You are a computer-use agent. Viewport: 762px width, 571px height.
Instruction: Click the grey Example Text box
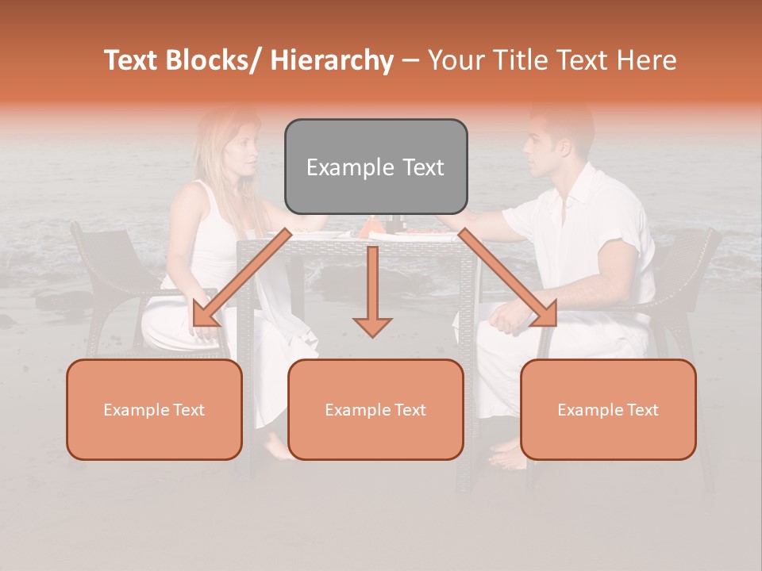click(375, 167)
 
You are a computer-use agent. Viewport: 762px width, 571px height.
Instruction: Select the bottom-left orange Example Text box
click(154, 409)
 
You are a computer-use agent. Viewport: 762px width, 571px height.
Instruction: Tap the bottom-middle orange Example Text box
click(375, 409)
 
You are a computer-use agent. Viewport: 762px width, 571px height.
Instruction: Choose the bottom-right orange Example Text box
click(608, 409)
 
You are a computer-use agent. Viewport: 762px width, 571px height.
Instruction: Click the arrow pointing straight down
click(372, 293)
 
